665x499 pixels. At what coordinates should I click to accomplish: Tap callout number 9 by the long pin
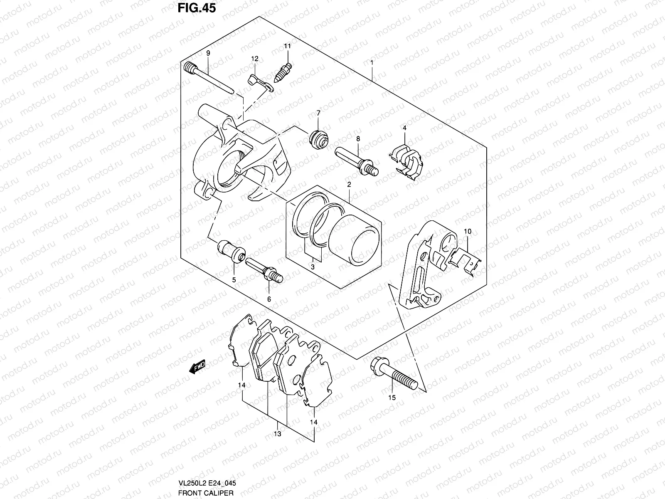click(208, 53)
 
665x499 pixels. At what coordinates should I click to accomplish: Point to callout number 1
click(372, 62)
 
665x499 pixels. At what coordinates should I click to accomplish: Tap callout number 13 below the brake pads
click(278, 434)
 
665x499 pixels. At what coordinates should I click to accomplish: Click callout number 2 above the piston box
click(349, 184)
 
